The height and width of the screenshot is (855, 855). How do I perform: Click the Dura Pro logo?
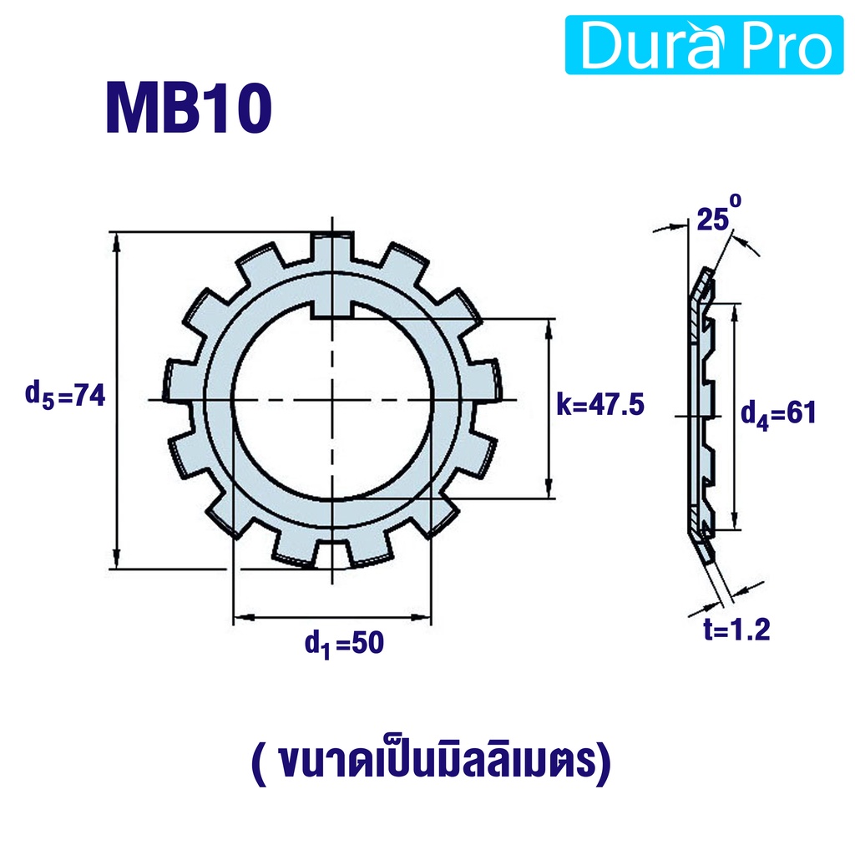point(705,45)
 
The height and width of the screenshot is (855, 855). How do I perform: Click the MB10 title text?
point(189,108)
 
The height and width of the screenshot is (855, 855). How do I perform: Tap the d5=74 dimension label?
point(65,395)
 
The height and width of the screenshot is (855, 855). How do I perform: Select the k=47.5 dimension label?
point(600,405)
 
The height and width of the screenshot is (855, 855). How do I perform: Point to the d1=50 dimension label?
point(344,644)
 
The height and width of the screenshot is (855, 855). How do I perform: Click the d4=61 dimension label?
point(778,413)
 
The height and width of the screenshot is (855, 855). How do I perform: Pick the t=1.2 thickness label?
point(736,630)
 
